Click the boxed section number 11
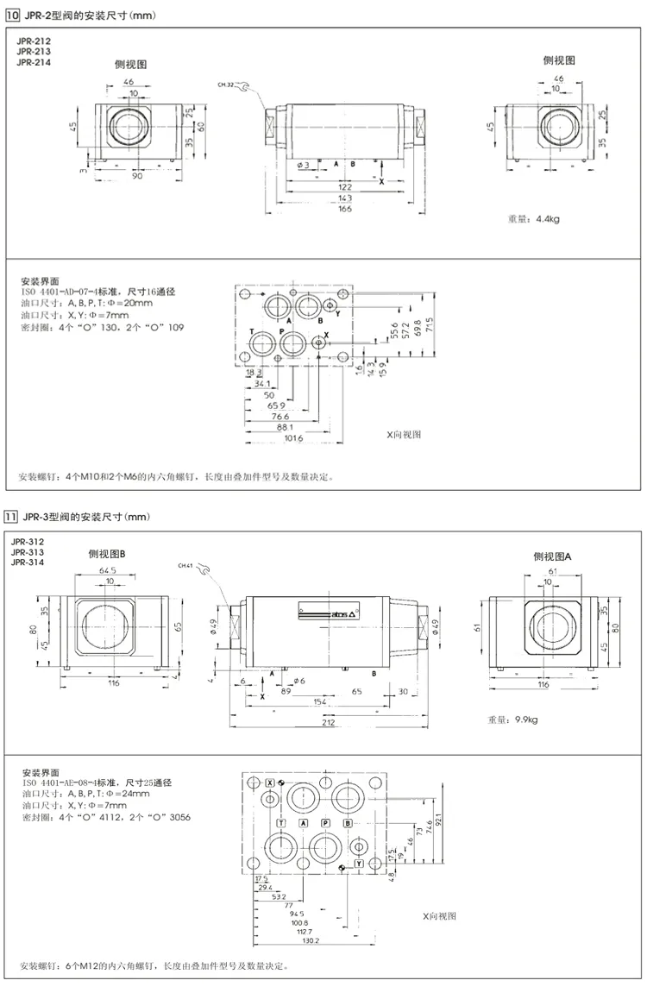coord(10,517)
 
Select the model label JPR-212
coord(33,41)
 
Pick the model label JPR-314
coord(27,562)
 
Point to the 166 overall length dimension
coord(344,209)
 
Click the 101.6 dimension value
coord(293,438)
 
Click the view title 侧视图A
coord(552,556)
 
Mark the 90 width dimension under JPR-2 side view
coord(137,176)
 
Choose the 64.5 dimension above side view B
coord(108,570)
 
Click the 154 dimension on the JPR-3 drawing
coord(297,703)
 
